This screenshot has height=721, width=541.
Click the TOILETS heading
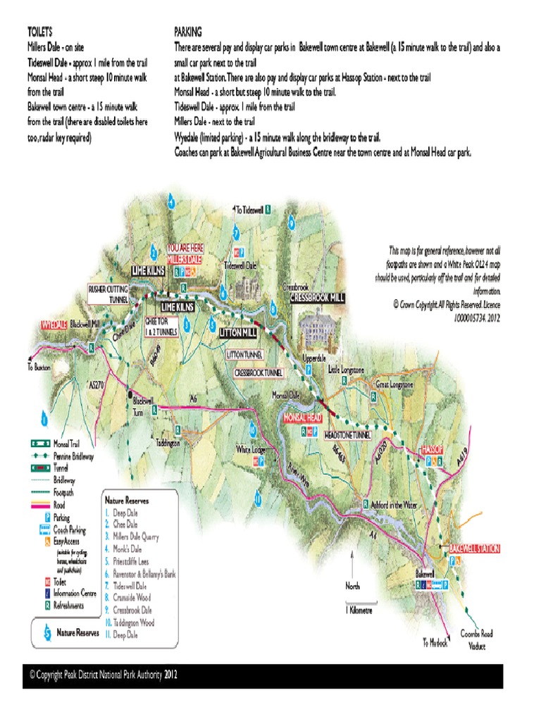coord(39,32)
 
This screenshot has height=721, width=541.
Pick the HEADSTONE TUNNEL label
coord(347,437)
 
